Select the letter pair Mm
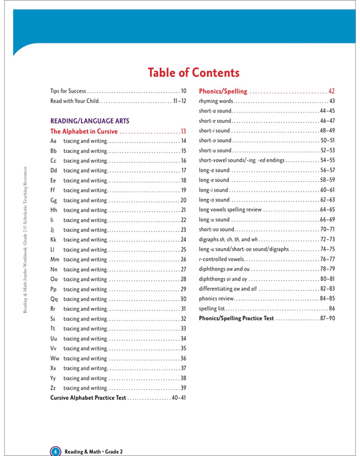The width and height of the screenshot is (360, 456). pyautogui.click(x=54, y=261)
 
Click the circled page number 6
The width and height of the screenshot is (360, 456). pyautogui.click(x=54, y=434)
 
